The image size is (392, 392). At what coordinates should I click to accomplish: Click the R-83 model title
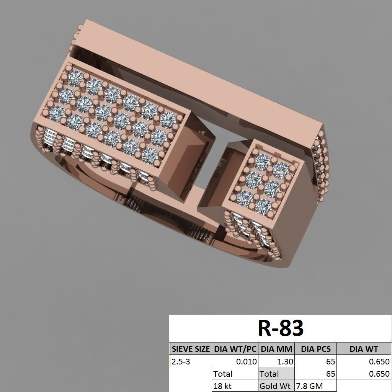click(281, 328)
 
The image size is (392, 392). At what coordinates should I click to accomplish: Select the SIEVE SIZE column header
click(191, 349)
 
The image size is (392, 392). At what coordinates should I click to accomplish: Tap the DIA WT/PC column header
click(235, 349)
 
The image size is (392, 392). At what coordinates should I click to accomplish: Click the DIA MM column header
click(276, 349)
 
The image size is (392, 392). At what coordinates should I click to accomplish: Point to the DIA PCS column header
click(315, 349)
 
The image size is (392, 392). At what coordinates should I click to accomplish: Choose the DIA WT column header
click(363, 349)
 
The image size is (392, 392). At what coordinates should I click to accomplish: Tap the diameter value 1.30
click(285, 361)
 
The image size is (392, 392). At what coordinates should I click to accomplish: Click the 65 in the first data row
click(330, 361)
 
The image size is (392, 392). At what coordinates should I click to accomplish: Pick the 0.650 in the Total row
click(379, 374)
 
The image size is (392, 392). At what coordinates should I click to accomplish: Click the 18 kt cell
click(223, 386)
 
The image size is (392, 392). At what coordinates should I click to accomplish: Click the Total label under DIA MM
click(269, 374)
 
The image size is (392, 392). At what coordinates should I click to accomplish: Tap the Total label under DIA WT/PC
click(223, 374)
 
